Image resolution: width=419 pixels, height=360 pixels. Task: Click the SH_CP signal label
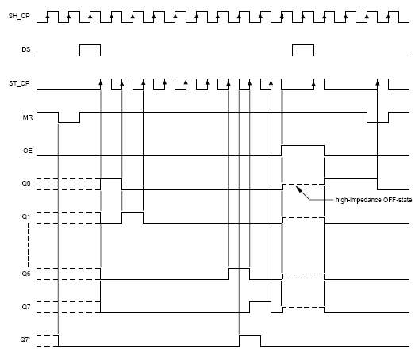pos(19,16)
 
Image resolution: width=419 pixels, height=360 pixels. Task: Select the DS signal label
pos(26,49)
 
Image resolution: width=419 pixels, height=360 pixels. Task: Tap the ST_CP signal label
pos(19,83)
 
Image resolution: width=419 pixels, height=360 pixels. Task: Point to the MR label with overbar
pos(28,117)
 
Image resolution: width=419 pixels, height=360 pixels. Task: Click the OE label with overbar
pos(28,151)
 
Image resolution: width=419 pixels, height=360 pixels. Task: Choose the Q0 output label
pos(26,183)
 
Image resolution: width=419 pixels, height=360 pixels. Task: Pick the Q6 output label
pos(26,274)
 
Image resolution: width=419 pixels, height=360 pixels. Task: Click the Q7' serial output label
pos(25,339)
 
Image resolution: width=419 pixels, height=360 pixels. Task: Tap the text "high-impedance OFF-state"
pos(374,200)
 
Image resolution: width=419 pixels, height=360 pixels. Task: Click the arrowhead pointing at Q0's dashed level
pos(299,190)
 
